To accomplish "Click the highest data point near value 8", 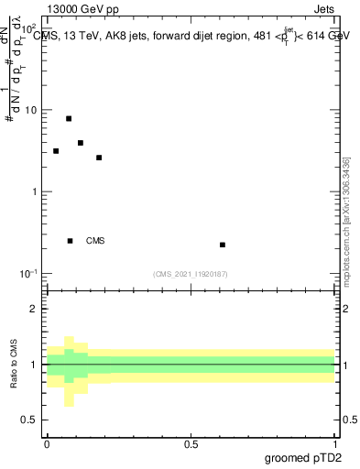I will (x=69, y=118).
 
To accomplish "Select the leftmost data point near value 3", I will (x=56, y=151).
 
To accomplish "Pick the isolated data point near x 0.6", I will (x=223, y=245).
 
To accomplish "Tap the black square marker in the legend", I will (x=70, y=241).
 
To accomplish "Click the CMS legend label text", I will (x=95, y=241).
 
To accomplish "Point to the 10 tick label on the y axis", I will (x=31, y=110).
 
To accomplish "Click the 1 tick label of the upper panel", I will (x=35, y=191).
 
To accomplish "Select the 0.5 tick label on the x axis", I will (x=191, y=444).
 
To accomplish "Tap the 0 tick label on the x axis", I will (x=47, y=444).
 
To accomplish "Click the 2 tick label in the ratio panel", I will (x=35, y=309).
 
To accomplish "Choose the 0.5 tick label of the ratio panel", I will (x=30, y=420).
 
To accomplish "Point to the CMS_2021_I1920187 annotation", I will (x=191, y=274).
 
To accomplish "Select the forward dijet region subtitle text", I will (x=197, y=36).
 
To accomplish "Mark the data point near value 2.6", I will (x=99, y=158).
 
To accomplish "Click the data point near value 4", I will (x=81, y=143).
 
